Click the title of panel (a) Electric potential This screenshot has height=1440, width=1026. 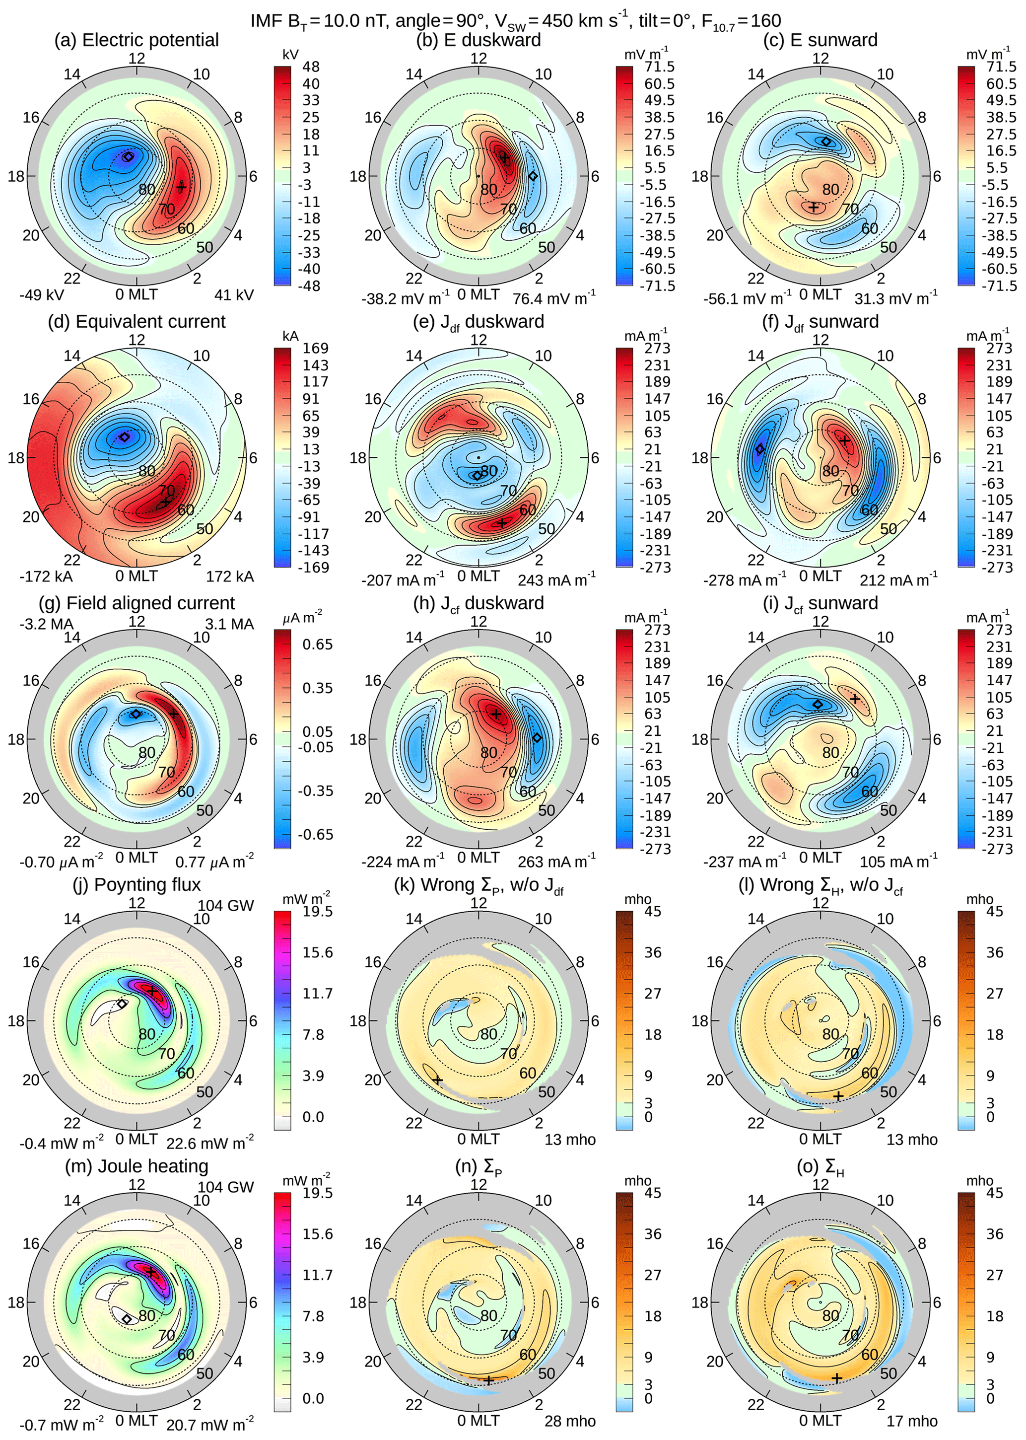(x=137, y=40)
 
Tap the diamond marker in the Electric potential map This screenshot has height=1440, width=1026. (x=128, y=156)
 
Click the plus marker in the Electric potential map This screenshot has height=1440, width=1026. (x=181, y=187)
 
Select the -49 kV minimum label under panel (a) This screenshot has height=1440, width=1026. (x=42, y=295)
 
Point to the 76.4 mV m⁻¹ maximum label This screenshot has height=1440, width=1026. (x=553, y=297)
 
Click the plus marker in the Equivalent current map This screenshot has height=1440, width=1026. (x=165, y=502)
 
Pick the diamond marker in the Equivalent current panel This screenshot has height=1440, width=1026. (x=125, y=436)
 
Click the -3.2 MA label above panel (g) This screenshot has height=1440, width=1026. (x=46, y=624)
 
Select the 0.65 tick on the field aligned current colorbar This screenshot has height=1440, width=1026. (x=317, y=645)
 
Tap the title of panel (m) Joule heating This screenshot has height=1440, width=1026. (x=137, y=1166)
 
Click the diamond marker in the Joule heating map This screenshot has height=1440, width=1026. (x=127, y=1319)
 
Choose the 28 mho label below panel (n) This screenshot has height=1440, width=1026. (x=570, y=1421)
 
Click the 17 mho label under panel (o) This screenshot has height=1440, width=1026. (x=912, y=1421)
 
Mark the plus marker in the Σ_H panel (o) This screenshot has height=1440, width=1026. (x=837, y=1378)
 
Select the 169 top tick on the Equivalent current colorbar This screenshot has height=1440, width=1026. (x=315, y=348)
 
